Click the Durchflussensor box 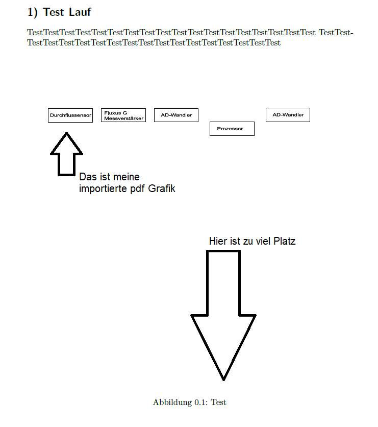coord(70,115)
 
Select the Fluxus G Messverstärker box coord(123,115)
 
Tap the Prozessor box coord(232,129)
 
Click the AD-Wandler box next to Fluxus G coord(176,115)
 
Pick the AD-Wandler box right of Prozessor coord(288,115)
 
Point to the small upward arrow coord(66,154)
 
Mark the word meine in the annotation coord(125,177)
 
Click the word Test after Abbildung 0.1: coord(219,402)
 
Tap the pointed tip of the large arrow coord(223,379)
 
